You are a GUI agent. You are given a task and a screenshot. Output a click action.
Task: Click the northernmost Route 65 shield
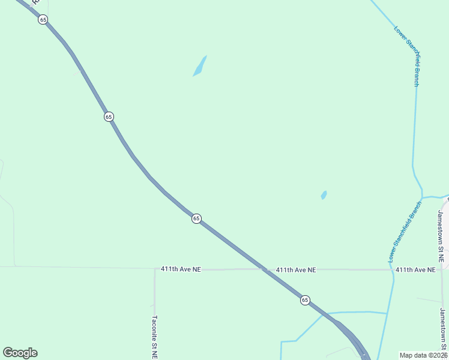pyautogui.click(x=43, y=19)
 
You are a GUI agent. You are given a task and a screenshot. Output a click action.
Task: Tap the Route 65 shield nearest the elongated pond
pyautogui.click(x=109, y=116)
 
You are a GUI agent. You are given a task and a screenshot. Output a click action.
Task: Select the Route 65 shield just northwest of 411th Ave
pyautogui.click(x=196, y=218)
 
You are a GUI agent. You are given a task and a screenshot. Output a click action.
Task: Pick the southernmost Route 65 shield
pyautogui.click(x=305, y=300)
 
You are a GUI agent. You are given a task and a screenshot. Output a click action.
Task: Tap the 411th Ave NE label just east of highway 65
pyautogui.click(x=296, y=270)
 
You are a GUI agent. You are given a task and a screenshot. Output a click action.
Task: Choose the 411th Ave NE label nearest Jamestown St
pyautogui.click(x=415, y=270)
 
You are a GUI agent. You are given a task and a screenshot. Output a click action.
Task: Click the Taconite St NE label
pyautogui.click(x=155, y=337)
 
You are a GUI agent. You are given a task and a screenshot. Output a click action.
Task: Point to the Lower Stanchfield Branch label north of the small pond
pyautogui.click(x=407, y=55)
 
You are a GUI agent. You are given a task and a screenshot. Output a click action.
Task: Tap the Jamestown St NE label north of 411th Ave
pyautogui.click(x=441, y=236)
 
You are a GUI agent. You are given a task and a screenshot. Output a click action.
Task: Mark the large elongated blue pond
pyautogui.click(x=200, y=66)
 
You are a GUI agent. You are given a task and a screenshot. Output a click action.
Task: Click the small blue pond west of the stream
pyautogui.click(x=324, y=195)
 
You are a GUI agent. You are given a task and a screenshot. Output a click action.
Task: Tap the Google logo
pyautogui.click(x=20, y=353)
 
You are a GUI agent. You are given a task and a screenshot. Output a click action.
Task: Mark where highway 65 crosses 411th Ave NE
pyautogui.click(x=265, y=269)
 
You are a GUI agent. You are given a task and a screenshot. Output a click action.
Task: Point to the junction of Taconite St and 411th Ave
pyautogui.click(x=155, y=269)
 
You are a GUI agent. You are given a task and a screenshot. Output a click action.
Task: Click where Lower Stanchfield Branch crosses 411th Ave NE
pyautogui.click(x=393, y=269)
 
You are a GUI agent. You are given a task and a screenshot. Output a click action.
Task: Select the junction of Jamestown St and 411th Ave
pyautogui.click(x=443, y=269)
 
